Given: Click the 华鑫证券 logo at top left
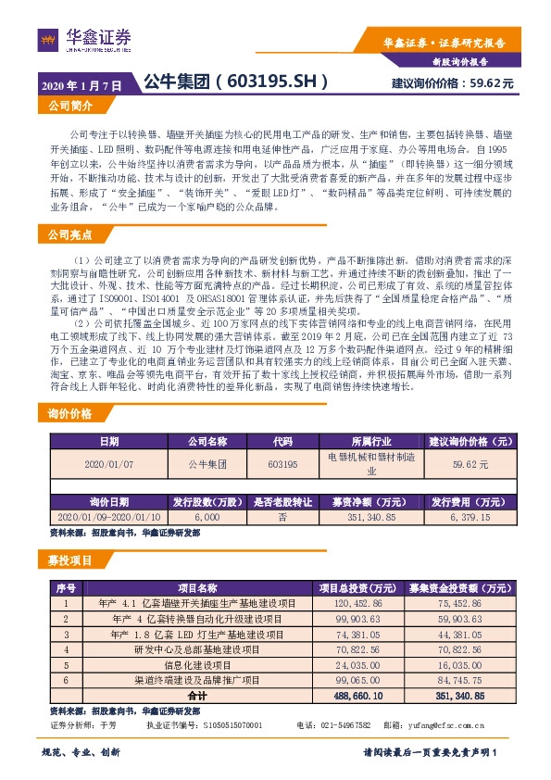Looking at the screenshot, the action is pos(84,39).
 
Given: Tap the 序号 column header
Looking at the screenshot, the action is pos(66,588).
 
